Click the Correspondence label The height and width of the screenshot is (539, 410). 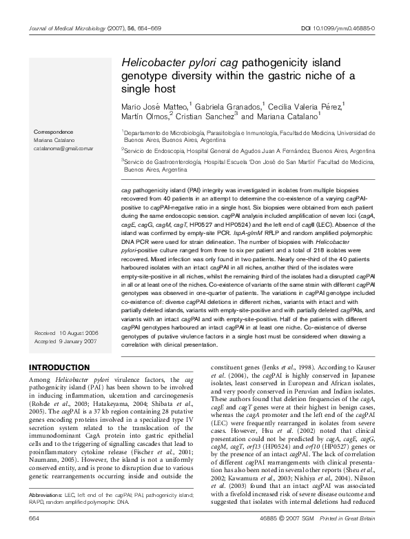click(x=57, y=131)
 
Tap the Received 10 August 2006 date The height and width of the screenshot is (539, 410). click(x=66, y=334)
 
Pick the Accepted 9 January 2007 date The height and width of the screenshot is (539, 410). click(x=66, y=341)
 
